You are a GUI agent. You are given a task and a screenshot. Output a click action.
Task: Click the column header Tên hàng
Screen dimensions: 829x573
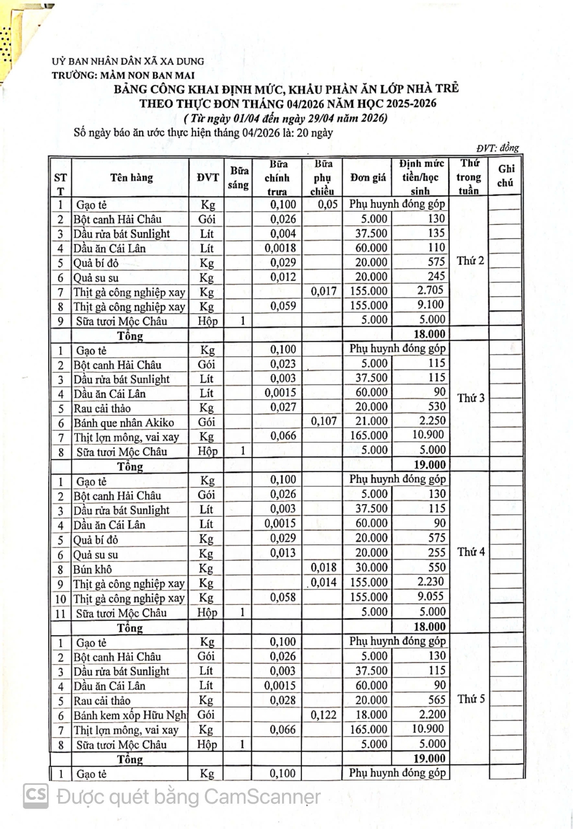pyautogui.click(x=131, y=177)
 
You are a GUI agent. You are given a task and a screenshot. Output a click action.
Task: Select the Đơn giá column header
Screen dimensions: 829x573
pyautogui.click(x=368, y=177)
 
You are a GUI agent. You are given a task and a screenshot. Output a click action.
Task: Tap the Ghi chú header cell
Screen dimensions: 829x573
pyautogui.click(x=505, y=176)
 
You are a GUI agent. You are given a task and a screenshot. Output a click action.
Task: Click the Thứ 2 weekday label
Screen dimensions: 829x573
pyautogui.click(x=470, y=261)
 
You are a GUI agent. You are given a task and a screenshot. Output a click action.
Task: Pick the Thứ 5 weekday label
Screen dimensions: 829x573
pyautogui.click(x=471, y=699)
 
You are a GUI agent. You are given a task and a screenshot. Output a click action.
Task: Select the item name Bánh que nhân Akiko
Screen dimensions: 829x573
pyautogui.click(x=124, y=423)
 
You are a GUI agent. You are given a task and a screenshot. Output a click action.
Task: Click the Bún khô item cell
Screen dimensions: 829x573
pyautogui.click(x=92, y=569)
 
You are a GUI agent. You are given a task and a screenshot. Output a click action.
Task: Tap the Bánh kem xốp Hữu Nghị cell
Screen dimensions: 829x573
pyautogui.click(x=131, y=715)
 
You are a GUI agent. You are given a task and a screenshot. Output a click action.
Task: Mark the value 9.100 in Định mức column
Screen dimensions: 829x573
pyautogui.click(x=430, y=305)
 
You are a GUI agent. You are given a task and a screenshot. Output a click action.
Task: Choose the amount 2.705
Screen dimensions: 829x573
pyautogui.click(x=430, y=290)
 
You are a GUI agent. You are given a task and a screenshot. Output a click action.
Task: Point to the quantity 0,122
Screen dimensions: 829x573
pyautogui.click(x=324, y=715)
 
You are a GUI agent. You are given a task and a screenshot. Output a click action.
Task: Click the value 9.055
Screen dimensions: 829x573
pyautogui.click(x=430, y=597)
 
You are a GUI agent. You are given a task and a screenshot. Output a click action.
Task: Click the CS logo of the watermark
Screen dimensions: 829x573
pyautogui.click(x=36, y=796)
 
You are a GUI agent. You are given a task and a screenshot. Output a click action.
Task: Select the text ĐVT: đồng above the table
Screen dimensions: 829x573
pyautogui.click(x=497, y=148)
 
